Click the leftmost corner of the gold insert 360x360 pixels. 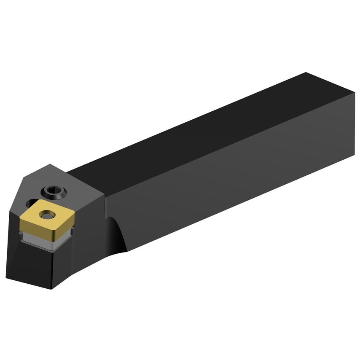(20, 219)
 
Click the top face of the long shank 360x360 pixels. (202, 126)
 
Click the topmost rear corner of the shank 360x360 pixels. (306, 73)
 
